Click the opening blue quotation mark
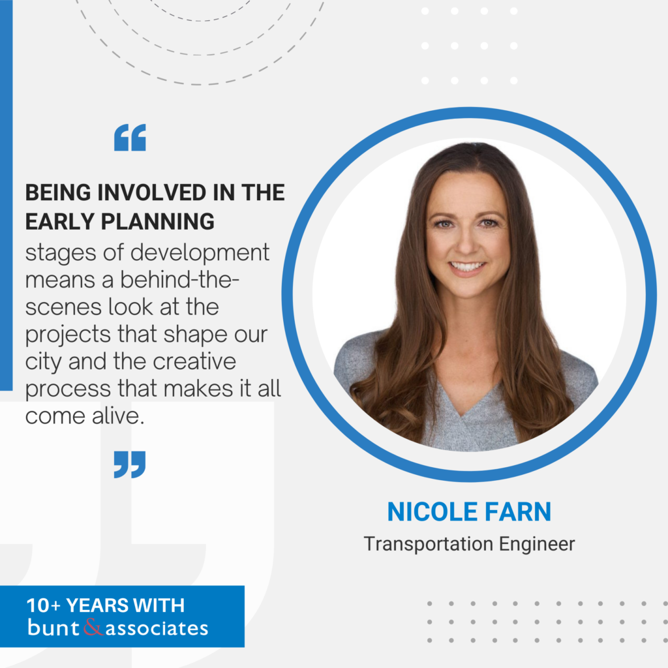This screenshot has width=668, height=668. pyautogui.click(x=130, y=138)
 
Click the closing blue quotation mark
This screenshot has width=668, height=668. pyautogui.click(x=130, y=464)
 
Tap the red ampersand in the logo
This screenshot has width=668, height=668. pyautogui.click(x=93, y=628)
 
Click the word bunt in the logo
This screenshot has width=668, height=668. pyautogui.click(x=54, y=628)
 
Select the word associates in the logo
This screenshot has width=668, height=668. pyautogui.click(x=157, y=628)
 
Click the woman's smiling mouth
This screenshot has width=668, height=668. pyautogui.click(x=468, y=266)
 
